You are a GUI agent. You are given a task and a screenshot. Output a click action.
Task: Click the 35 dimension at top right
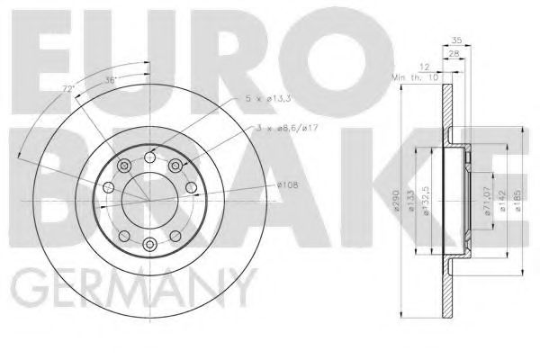[x=456, y=40]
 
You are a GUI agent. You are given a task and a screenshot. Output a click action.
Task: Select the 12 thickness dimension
[x=424, y=66]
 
